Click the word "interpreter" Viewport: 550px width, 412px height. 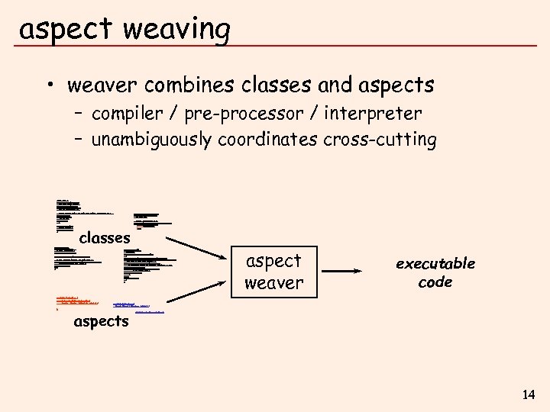373,114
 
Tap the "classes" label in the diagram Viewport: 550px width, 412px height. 105,238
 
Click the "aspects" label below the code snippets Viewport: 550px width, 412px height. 101,321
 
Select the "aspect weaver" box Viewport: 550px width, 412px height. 273,271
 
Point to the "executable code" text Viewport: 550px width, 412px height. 435,272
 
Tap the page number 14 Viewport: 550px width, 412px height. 528,394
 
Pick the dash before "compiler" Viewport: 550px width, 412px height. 79,114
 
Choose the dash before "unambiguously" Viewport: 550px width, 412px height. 79,140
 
